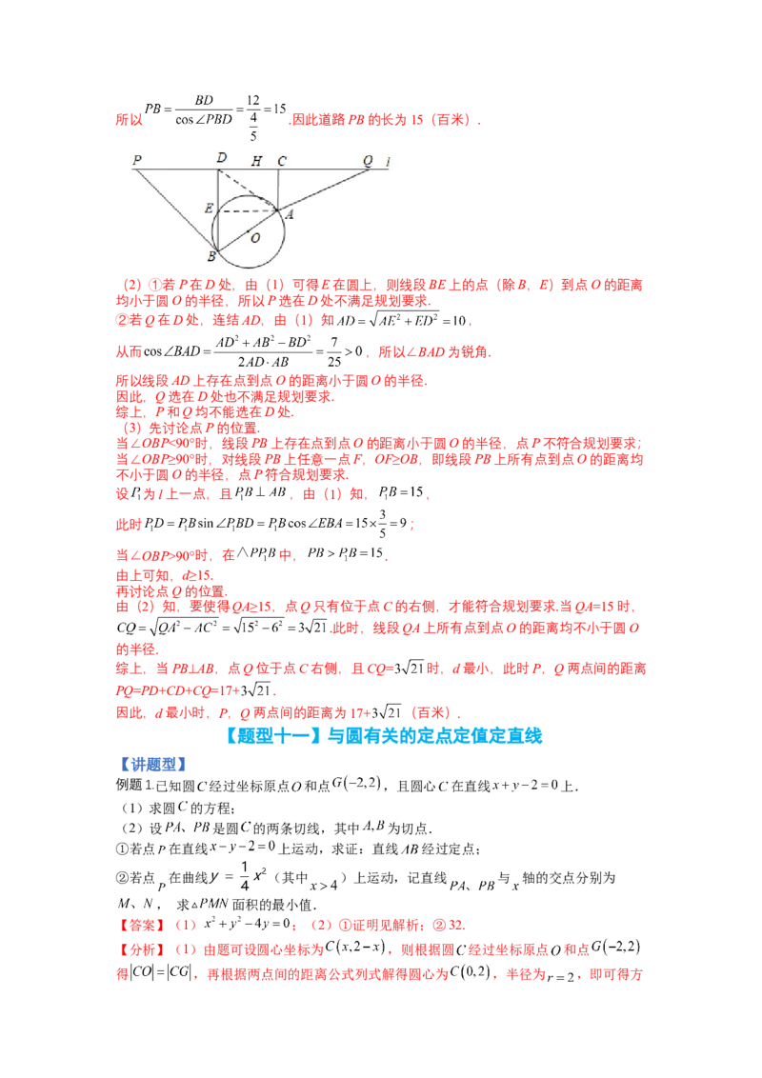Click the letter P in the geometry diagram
137,160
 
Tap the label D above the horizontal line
221,158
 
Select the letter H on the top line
255,161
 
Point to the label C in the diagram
282,161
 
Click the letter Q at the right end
368,160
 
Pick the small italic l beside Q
388,161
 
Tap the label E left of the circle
209,208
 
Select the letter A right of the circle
289,215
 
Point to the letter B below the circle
211,257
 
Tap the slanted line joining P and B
176,210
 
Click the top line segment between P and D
181,170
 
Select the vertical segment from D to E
218,189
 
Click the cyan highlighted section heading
385,735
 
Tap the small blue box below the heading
155,764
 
